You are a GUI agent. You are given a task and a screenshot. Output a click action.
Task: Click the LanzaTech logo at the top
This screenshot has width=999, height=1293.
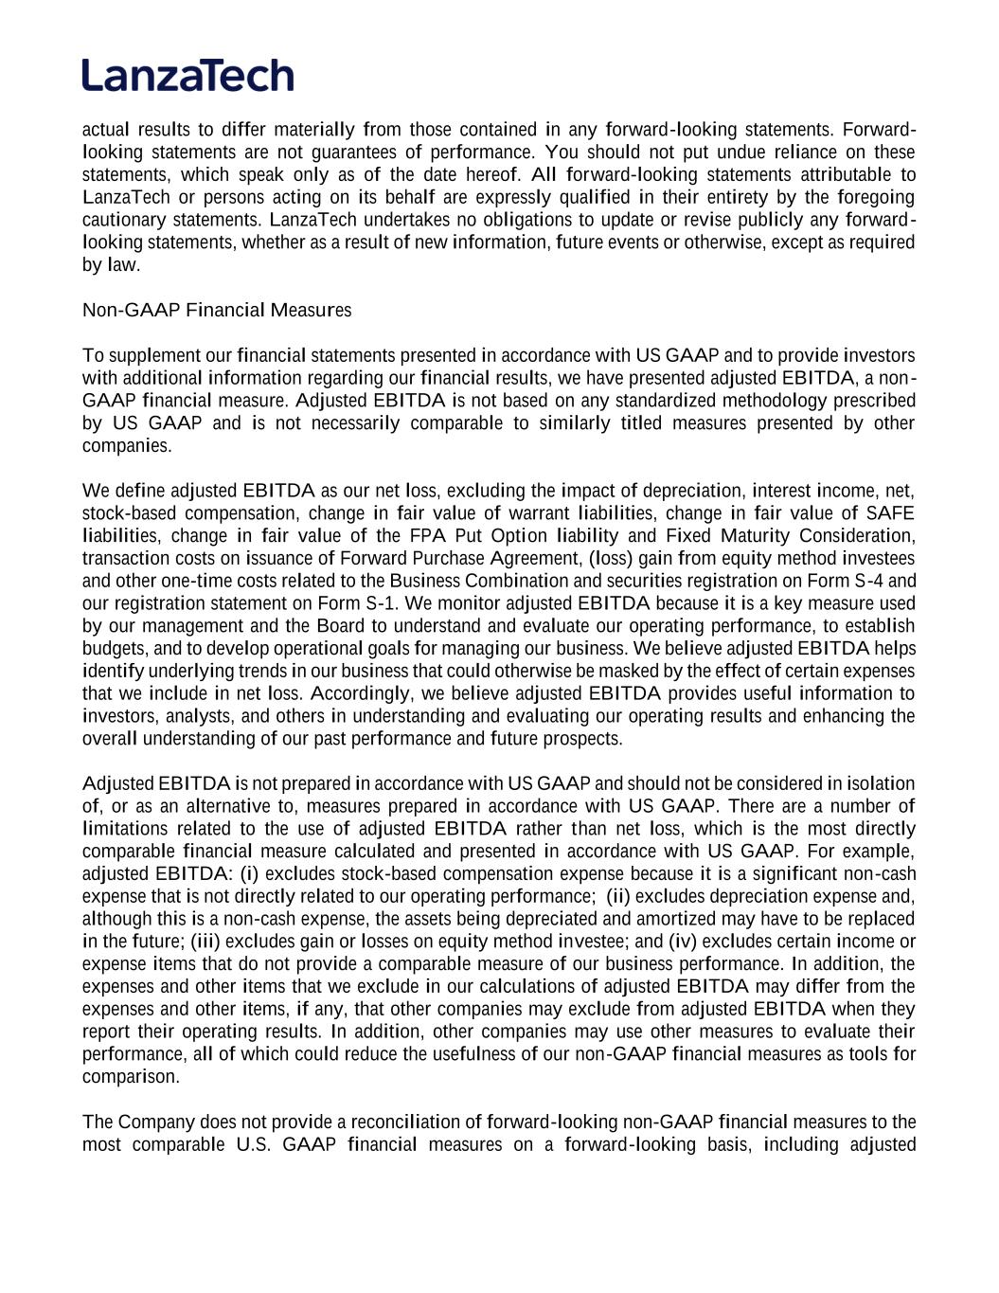187,75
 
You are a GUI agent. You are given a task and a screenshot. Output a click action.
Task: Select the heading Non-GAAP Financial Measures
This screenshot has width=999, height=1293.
217,310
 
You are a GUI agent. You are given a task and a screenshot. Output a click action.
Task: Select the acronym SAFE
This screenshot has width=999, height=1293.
890,513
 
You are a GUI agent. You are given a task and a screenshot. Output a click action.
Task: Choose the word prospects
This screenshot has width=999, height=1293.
583,739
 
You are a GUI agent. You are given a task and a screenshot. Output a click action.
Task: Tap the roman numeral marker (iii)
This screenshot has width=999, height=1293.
205,942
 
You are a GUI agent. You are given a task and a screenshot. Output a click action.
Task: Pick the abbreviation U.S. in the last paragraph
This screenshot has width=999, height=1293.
253,1145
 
